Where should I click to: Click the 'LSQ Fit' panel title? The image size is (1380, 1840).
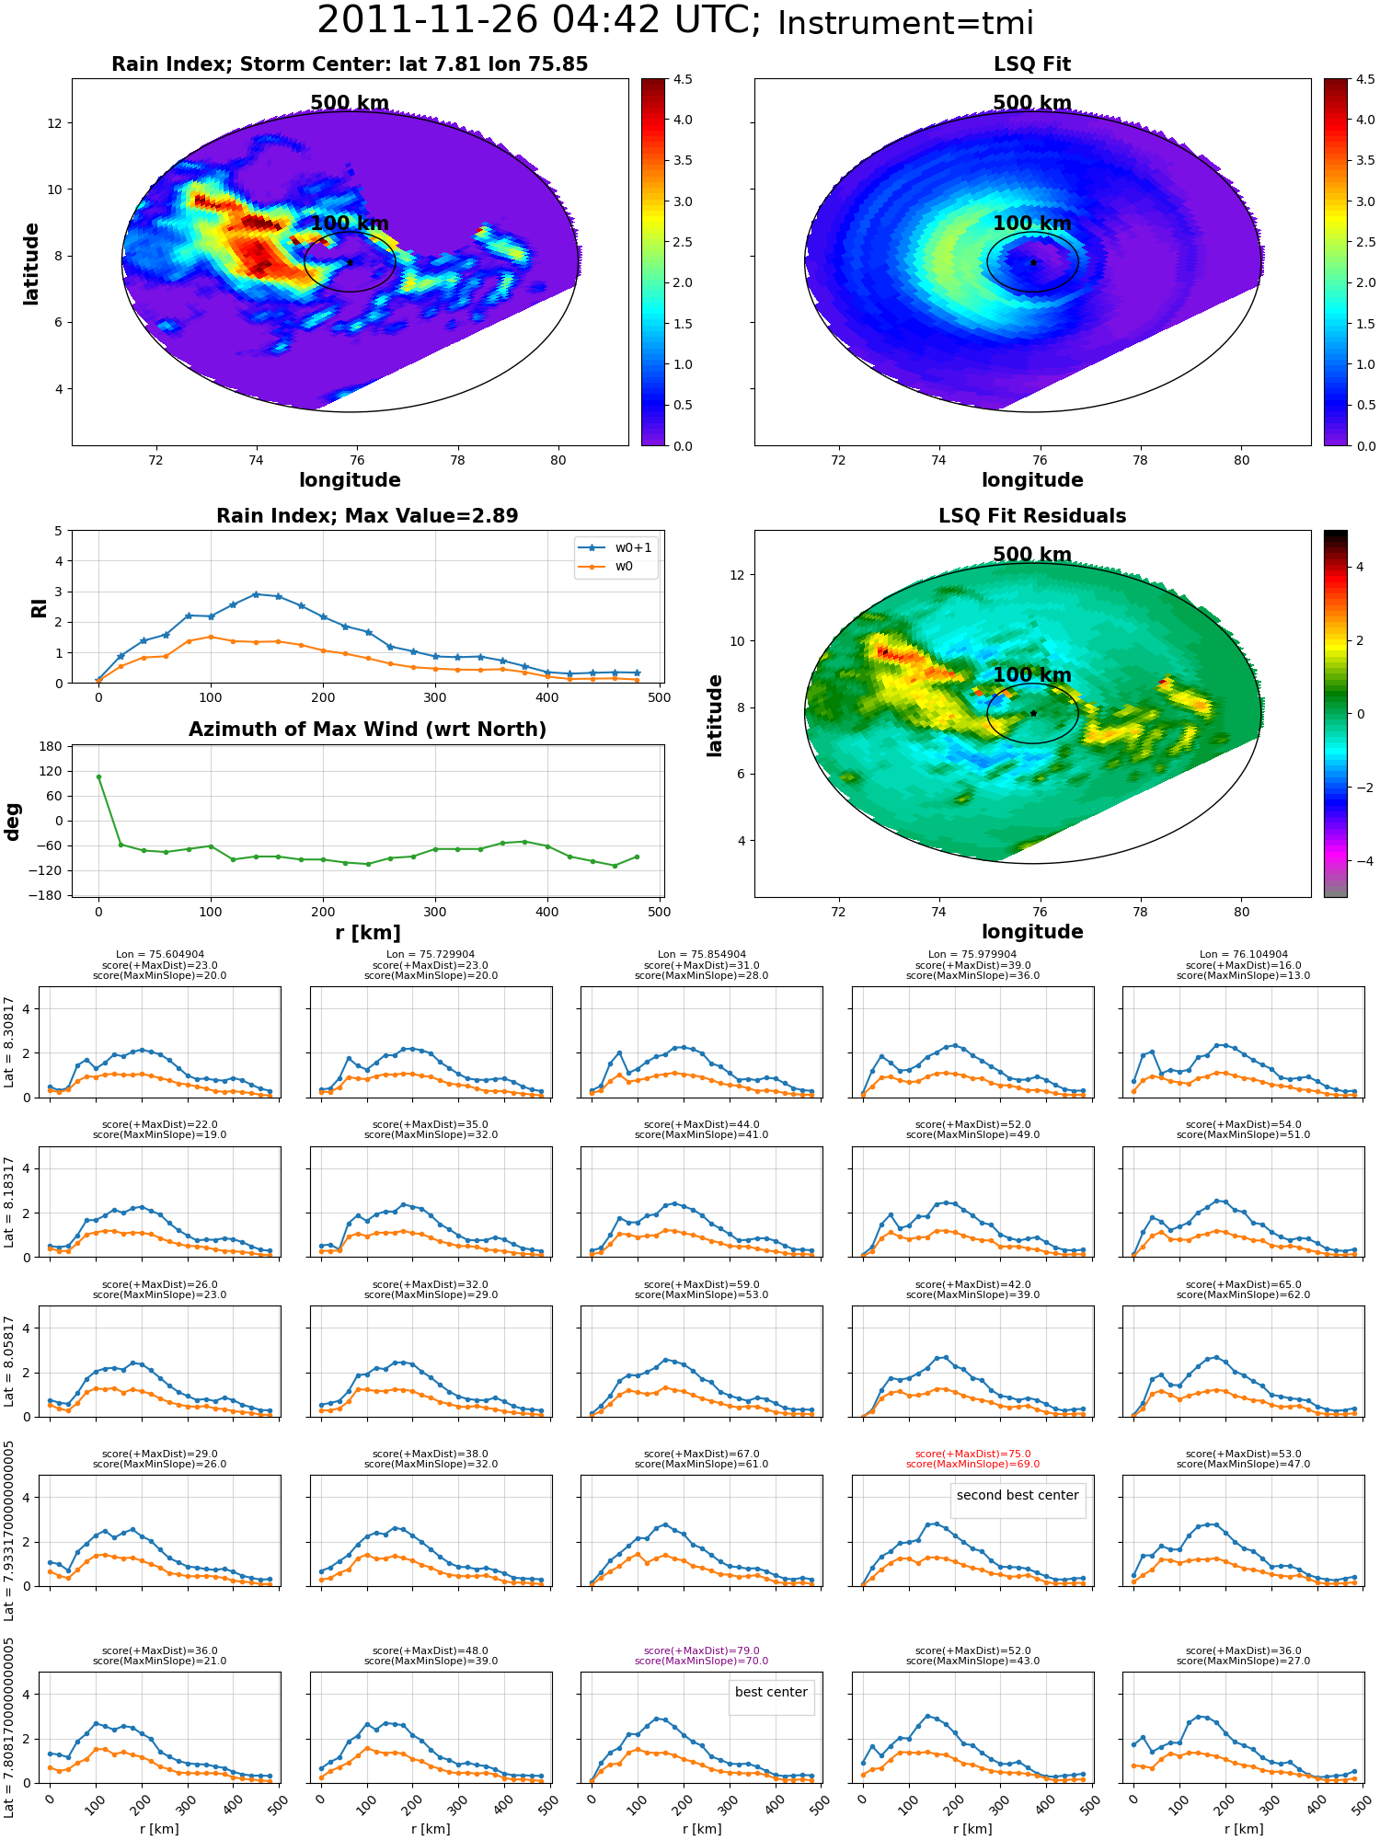1032,64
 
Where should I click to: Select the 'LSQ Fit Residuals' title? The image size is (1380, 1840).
1032,516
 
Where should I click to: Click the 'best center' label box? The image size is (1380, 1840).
771,1692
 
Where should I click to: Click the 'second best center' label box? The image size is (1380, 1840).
1018,1495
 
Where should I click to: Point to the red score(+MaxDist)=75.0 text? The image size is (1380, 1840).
972,1455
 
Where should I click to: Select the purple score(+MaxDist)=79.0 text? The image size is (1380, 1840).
702,1651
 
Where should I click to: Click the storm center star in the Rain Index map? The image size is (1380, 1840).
350,262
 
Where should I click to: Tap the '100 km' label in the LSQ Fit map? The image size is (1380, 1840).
1032,224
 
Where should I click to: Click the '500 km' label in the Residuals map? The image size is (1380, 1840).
1032,555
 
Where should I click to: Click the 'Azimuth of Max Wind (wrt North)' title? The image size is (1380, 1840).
368,730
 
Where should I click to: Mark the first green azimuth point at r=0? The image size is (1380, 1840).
98,776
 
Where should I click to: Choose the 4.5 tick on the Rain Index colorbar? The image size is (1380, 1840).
682,80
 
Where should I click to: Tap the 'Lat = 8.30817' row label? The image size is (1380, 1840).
9,1041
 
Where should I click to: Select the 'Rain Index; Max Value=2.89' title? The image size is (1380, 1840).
367,516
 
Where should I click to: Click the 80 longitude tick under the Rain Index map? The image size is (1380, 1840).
558,460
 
